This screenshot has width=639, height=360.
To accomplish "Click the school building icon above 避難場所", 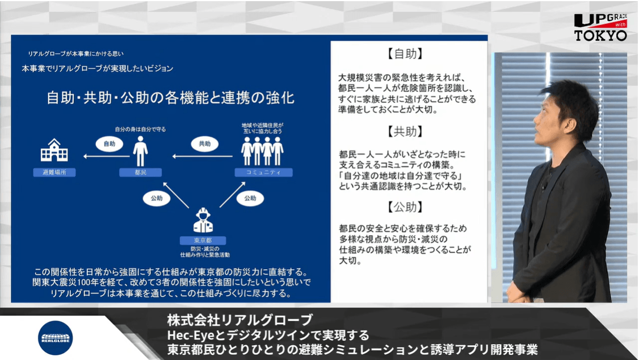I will click(54, 152).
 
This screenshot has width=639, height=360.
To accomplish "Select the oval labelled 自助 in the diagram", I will click(109, 144).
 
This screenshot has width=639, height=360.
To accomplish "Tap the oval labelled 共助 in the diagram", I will click(204, 144).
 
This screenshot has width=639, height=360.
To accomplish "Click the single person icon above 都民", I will click(140, 151).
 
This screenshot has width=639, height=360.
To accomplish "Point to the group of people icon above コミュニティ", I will click(263, 151).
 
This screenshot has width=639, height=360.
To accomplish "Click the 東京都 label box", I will click(203, 240).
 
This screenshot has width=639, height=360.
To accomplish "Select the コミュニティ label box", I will click(263, 172).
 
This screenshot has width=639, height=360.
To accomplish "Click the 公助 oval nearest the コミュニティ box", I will click(250, 198).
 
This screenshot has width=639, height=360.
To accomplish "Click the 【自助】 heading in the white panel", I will click(405, 54).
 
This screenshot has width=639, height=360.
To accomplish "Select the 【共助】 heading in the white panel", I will click(405, 132).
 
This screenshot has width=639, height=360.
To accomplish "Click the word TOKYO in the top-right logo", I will click(600, 35).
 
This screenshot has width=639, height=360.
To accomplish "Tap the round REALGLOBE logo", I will click(55, 338).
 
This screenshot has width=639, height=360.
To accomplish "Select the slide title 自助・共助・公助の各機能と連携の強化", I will click(170, 98).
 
